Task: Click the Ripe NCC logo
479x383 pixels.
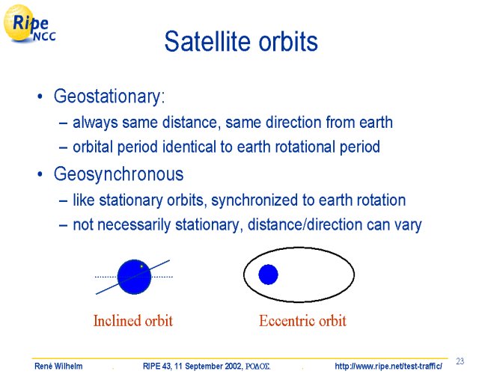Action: click(29, 24)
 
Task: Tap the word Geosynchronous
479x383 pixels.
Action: click(118, 174)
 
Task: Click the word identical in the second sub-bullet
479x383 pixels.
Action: click(189, 147)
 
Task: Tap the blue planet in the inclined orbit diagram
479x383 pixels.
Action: click(135, 277)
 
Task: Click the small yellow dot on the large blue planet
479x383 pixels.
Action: click(141, 266)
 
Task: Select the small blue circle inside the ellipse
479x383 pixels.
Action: click(268, 275)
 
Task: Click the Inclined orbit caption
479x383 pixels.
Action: click(133, 321)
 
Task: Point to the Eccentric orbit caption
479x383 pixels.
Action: click(302, 321)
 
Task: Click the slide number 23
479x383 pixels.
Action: click(460, 361)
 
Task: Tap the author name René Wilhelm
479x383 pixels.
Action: click(58, 366)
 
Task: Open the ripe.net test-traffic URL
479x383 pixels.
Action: click(388, 366)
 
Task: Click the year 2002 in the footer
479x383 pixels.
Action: click(233, 366)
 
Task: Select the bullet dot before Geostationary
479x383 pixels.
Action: click(40, 96)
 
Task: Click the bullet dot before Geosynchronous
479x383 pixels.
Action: click(40, 175)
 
